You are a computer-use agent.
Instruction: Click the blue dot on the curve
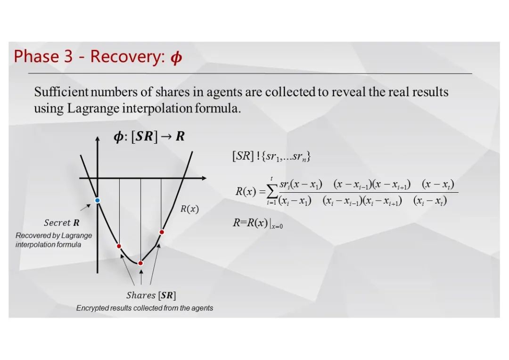pyautogui.click(x=97, y=200)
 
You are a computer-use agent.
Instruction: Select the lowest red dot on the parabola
pyautogui.click(x=140, y=263)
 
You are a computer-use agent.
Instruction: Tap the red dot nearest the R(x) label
pyautogui.click(x=162, y=232)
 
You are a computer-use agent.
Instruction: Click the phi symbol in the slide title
pyautogui.click(x=176, y=57)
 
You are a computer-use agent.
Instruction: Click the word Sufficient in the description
pyautogui.click(x=61, y=92)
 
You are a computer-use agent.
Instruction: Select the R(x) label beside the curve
pyautogui.click(x=189, y=209)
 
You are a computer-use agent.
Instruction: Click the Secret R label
pyautogui.click(x=62, y=223)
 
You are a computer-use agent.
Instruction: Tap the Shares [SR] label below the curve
pyautogui.click(x=151, y=295)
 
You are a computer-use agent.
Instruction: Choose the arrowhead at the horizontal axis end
pyautogui.click(x=204, y=178)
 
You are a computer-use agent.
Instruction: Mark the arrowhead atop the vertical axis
pyautogui.click(x=98, y=139)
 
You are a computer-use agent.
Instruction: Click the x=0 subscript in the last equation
pyautogui.click(x=277, y=227)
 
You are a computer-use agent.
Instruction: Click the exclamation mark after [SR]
pyautogui.click(x=258, y=156)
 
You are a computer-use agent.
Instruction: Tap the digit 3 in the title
pyautogui.click(x=68, y=56)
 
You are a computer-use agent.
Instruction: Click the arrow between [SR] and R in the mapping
pyautogui.click(x=166, y=136)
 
